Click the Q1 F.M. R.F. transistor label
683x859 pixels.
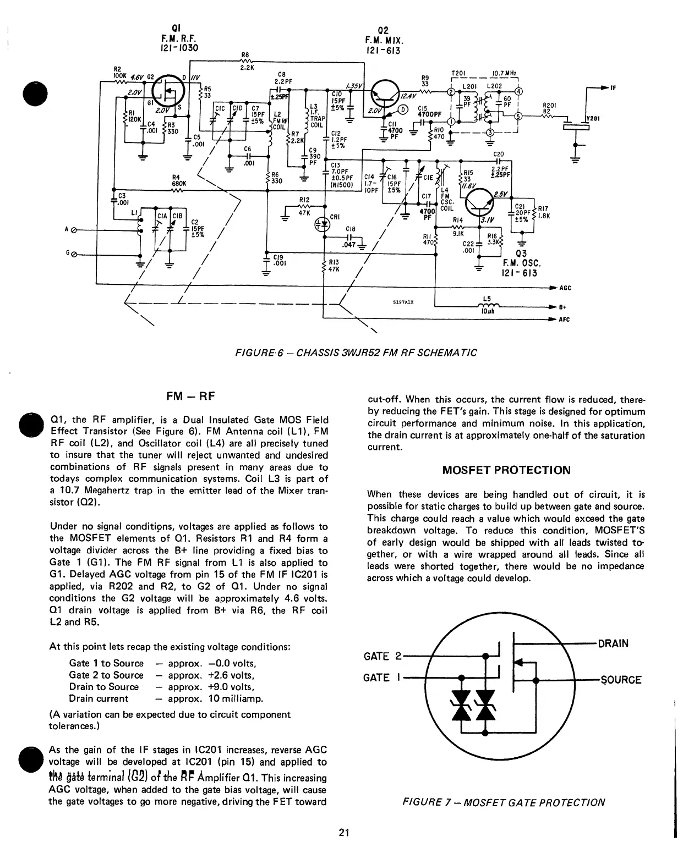177,37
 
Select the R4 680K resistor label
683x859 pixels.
180,180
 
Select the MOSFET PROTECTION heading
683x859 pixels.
506,470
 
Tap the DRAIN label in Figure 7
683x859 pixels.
613,643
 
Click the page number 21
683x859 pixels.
344,832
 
